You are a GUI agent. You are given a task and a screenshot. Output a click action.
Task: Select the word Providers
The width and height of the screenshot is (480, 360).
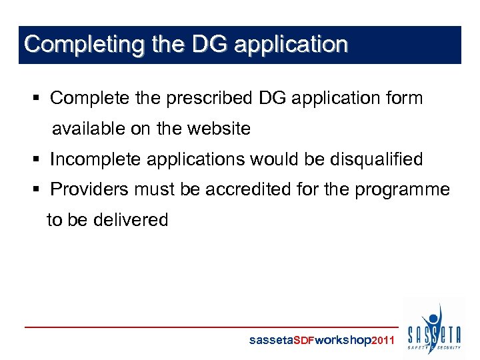point(92,189)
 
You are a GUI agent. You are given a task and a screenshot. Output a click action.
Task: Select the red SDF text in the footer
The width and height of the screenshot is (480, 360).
point(303,341)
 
